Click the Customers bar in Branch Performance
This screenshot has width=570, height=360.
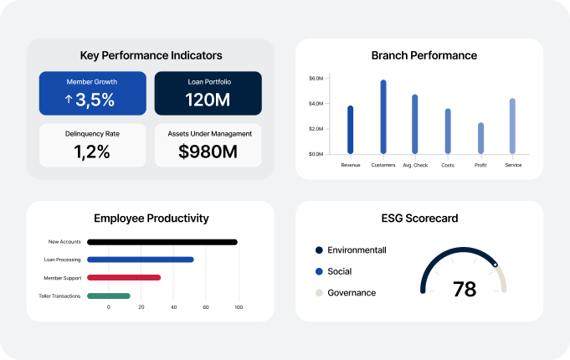pos(383,116)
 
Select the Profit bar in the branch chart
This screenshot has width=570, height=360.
pos(480,138)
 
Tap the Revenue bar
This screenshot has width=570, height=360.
pos(351,130)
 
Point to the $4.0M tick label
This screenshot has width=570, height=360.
pos(316,104)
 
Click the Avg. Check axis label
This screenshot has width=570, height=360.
pos(415,165)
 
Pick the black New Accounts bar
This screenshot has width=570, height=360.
pos(162,242)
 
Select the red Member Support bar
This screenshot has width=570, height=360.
pos(124,277)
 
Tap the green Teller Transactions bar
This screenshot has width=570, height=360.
pos(109,296)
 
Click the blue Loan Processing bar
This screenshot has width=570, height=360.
pos(141,260)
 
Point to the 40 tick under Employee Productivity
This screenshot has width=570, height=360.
pos(174,307)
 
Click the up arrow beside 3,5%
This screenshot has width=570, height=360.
pos(69,99)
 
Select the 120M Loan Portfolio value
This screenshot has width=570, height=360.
pos(208,100)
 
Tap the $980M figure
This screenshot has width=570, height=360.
pos(208,152)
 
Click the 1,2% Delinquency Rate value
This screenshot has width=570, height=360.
pos(92,152)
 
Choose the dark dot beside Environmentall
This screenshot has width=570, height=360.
pos(319,250)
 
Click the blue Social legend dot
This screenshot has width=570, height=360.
pos(319,271)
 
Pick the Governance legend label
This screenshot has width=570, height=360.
pos(352,293)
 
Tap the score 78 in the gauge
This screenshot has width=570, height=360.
pos(465,290)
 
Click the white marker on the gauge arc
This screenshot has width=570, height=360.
pos(496,265)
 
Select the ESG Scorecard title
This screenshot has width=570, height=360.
pos(419,219)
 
